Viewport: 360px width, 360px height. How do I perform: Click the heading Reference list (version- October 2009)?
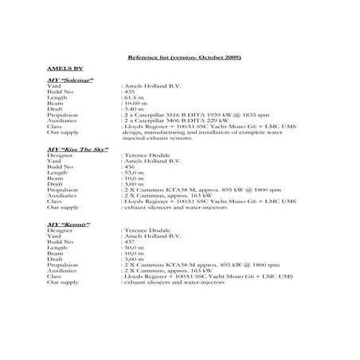point(184,59)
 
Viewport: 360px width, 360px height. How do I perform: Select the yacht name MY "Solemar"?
point(71,81)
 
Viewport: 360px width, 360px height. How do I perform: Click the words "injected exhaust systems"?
point(158,141)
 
